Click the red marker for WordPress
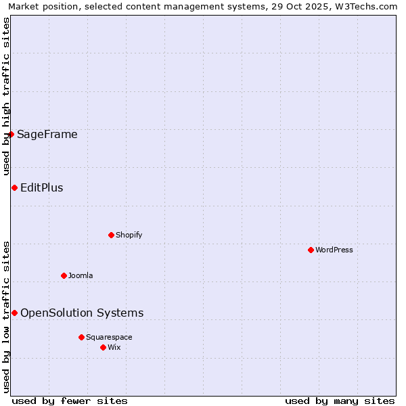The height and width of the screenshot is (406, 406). pyautogui.click(x=311, y=250)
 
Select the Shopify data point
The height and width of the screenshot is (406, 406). pyautogui.click(x=111, y=235)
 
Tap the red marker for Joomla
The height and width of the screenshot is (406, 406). pyautogui.click(x=64, y=275)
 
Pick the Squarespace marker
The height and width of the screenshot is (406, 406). pyautogui.click(x=81, y=337)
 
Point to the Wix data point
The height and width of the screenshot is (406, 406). pyautogui.click(x=103, y=347)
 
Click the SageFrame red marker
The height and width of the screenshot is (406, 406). pyautogui.click(x=12, y=134)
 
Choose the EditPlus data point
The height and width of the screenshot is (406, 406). pyautogui.click(x=14, y=187)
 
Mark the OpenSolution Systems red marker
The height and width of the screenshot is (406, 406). pyautogui.click(x=14, y=313)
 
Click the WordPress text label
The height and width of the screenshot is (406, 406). pyautogui.click(x=334, y=250)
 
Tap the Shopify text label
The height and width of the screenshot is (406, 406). pyautogui.click(x=129, y=235)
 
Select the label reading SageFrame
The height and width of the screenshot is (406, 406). pyautogui.click(x=47, y=134)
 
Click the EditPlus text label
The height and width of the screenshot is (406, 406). pyautogui.click(x=42, y=187)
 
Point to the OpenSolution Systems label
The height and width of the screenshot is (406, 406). pyautogui.click(x=82, y=313)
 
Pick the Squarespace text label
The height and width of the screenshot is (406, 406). pyautogui.click(x=109, y=337)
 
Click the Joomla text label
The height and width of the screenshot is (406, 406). pyautogui.click(x=81, y=275)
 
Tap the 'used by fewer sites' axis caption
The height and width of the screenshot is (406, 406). pyautogui.click(x=70, y=401)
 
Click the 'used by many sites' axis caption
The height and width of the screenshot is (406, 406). pyautogui.click(x=340, y=401)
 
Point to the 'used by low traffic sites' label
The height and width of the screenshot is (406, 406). pyautogui.click(x=6, y=316)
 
